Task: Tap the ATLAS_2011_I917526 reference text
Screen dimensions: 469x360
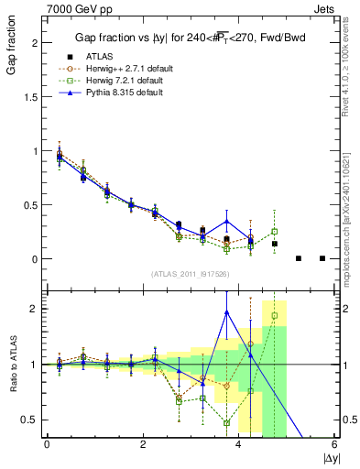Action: [x=191, y=274]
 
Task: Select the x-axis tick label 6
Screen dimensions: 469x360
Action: [x=334, y=445]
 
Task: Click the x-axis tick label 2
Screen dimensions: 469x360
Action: [x=143, y=445]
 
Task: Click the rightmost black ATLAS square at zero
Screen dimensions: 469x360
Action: [x=322, y=258]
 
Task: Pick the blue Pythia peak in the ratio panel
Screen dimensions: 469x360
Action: [x=226, y=311]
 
